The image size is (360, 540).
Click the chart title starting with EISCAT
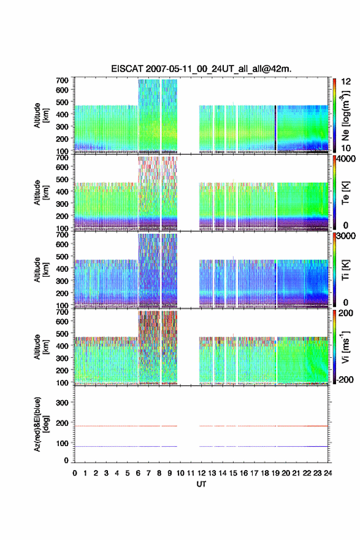pos(201,69)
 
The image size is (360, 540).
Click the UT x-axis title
pos(201,484)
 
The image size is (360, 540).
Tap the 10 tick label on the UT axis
pos(180,473)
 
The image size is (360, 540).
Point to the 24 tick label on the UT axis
pos(327,473)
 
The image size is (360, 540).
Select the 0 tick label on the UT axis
pos(75,473)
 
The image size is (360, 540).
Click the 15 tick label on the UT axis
pos(233,473)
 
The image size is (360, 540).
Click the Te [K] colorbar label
pos(345,193)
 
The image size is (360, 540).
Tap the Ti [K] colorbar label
pos(345,269)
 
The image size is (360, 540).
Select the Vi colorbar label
pos(345,347)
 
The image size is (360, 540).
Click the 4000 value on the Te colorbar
pos(347,159)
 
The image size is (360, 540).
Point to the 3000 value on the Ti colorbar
pos(347,236)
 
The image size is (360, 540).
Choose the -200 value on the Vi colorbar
pos(345,379)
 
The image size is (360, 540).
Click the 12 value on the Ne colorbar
pos(347,82)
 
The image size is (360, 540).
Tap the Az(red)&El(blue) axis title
pos(41,424)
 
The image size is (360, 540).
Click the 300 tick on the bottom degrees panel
pos(62,403)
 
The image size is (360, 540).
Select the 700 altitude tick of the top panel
pos(62,80)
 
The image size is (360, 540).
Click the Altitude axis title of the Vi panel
pos(41,347)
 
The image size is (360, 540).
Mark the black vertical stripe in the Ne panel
pos(275,128)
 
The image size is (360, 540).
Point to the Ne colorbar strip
pos(334,116)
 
